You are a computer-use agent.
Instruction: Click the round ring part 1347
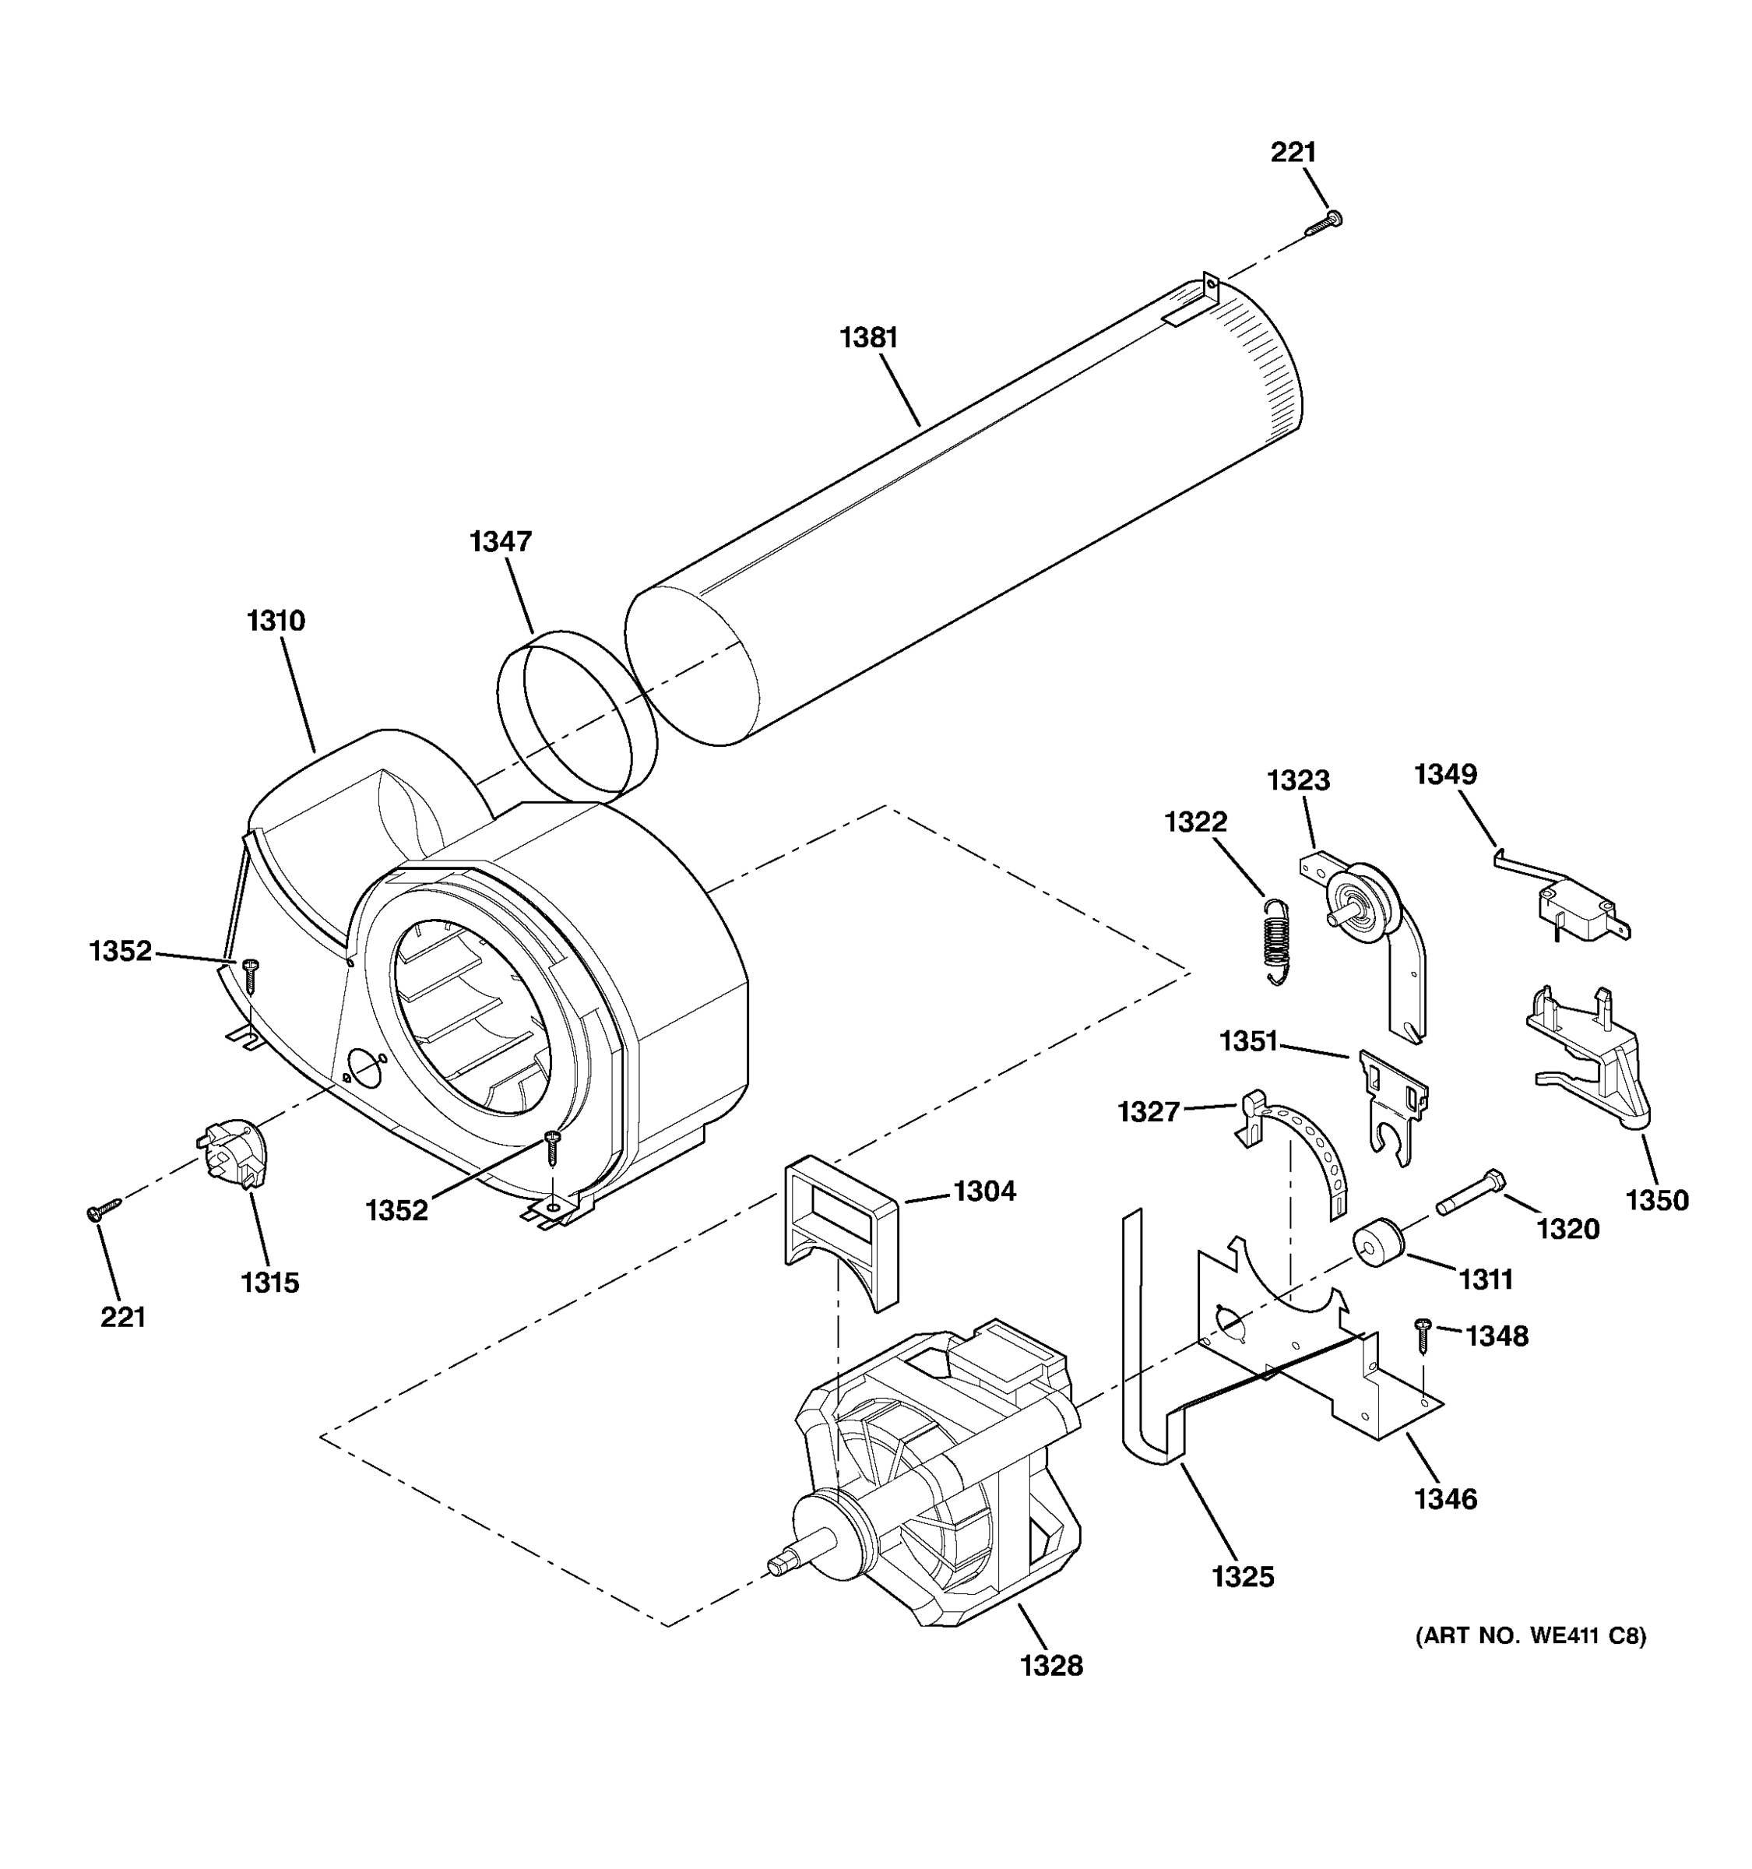coord(575,717)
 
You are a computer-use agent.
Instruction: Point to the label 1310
coord(276,621)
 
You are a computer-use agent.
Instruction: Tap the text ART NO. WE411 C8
coord(1530,1636)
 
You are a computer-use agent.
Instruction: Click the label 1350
coord(1657,1199)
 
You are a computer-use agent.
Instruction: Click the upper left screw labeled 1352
coord(251,973)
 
